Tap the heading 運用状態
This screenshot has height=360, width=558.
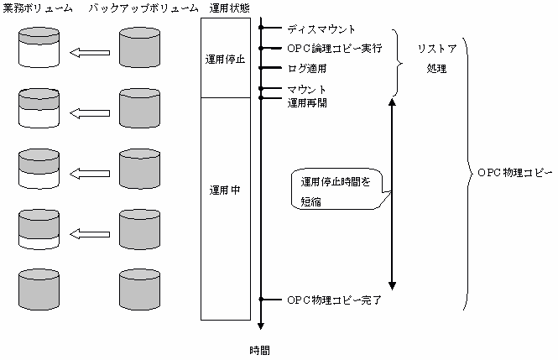[x=227, y=8]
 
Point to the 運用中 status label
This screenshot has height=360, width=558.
[x=225, y=190]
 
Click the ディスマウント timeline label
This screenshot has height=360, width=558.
[x=315, y=30]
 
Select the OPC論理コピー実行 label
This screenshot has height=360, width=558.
[x=334, y=49]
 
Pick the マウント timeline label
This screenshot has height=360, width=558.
[x=306, y=88]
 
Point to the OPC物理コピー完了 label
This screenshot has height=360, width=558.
[x=334, y=300]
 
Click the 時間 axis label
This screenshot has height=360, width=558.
[x=260, y=349]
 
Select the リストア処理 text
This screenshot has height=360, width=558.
[x=435, y=59]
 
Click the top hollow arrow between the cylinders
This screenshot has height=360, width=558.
[x=90, y=54]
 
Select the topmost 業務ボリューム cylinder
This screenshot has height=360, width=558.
[x=39, y=49]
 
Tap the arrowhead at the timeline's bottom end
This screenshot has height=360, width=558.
[x=261, y=327]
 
